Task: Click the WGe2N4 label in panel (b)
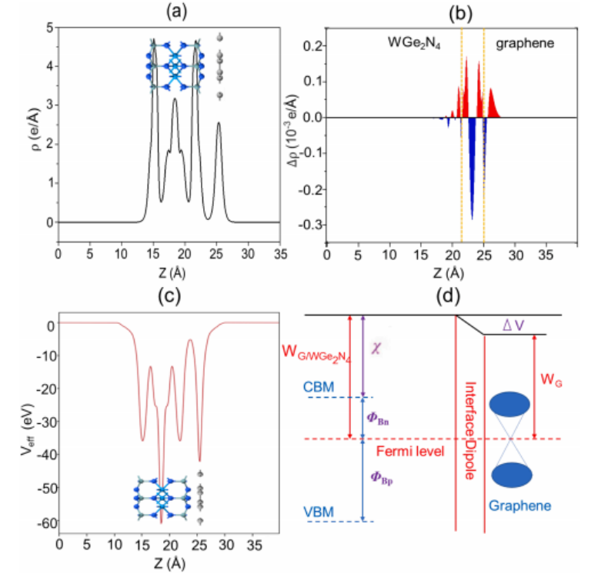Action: [x=411, y=46]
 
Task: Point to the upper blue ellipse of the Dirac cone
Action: [x=511, y=405]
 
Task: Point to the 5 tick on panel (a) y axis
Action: [x=49, y=27]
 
